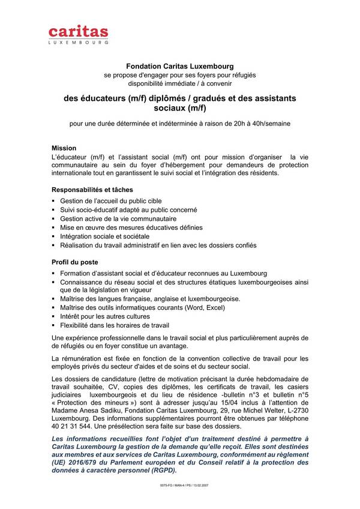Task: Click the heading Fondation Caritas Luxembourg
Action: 179,65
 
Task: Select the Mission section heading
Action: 64,147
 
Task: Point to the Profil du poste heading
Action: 75,263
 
